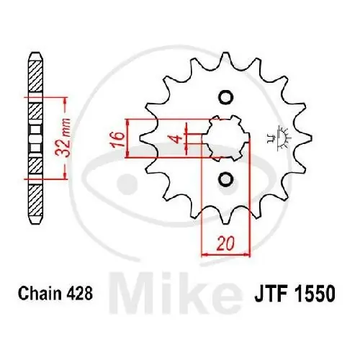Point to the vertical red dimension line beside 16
click(127, 138)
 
